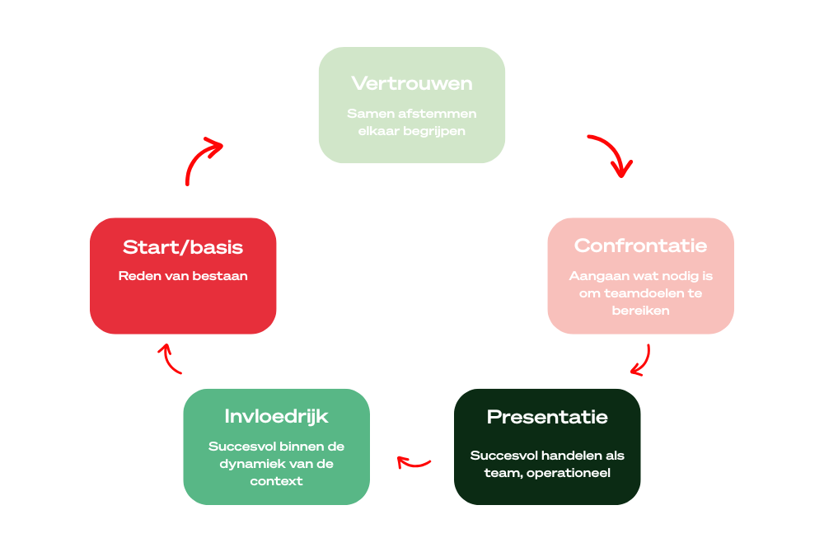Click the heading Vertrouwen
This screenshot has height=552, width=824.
[x=411, y=83]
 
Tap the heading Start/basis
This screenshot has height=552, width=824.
[x=183, y=247]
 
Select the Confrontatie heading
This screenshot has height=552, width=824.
[x=640, y=246]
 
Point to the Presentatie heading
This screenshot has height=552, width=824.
[x=547, y=417]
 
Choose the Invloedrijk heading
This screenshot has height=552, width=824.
[x=276, y=416]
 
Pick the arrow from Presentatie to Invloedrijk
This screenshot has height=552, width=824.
[x=414, y=462]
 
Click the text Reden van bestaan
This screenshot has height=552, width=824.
[x=183, y=276]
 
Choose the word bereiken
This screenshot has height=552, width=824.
[x=640, y=311]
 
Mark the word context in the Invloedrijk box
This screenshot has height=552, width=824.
[x=276, y=481]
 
